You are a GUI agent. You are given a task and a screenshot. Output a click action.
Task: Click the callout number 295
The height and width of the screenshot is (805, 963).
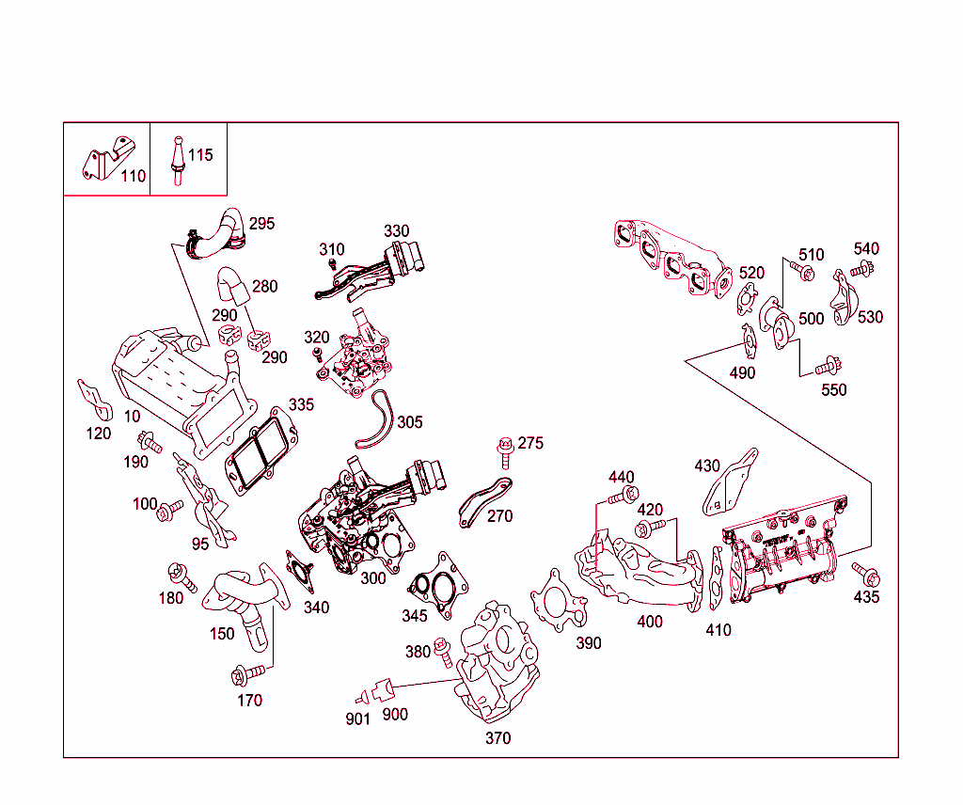(x=261, y=224)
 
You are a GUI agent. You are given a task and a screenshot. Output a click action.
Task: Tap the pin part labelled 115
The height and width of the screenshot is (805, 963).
(x=176, y=162)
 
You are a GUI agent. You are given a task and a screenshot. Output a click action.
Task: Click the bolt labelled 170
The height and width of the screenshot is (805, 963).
(x=244, y=674)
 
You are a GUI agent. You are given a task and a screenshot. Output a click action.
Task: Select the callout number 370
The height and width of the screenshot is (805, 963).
(x=497, y=738)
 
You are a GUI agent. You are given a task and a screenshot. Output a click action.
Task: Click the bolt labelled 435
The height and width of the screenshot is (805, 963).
(x=864, y=573)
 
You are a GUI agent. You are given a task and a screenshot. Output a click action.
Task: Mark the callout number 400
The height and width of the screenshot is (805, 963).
(x=649, y=622)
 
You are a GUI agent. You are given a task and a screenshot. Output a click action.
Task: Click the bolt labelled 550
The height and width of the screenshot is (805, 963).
(x=828, y=365)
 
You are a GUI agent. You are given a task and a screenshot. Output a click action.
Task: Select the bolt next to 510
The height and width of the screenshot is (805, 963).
(x=802, y=272)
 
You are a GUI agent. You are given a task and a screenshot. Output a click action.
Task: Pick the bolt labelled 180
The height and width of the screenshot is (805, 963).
(x=180, y=576)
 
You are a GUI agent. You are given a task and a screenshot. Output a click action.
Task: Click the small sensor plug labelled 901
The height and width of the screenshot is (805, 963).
(x=359, y=699)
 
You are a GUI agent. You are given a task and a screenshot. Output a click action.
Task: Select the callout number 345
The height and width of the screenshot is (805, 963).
(x=414, y=616)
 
